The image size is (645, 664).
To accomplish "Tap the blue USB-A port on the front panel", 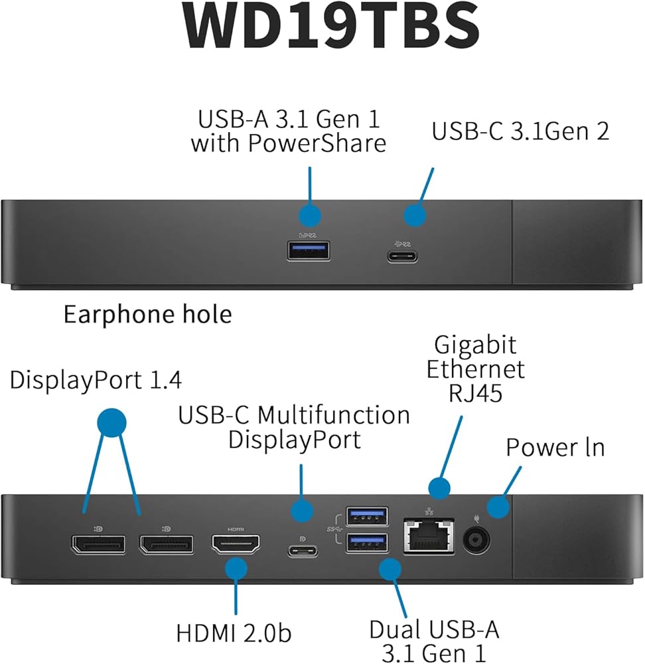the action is (309, 250).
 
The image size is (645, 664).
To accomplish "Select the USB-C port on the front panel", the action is (403, 256).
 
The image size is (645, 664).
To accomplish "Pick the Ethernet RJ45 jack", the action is (429, 535).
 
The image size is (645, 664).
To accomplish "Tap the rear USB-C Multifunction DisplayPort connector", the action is (303, 550).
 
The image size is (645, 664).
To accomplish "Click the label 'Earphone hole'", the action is (147, 314).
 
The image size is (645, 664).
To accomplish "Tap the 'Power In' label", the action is (555, 447).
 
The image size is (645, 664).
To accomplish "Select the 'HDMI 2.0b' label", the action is (234, 632).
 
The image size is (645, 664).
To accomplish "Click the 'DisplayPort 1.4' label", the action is (96, 380).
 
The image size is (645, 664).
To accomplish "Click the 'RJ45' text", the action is (476, 393).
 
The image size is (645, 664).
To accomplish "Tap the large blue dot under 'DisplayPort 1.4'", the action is (111, 422).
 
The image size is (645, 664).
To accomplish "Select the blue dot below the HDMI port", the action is (236, 569).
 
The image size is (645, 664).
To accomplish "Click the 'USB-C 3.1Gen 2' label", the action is (520, 131).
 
